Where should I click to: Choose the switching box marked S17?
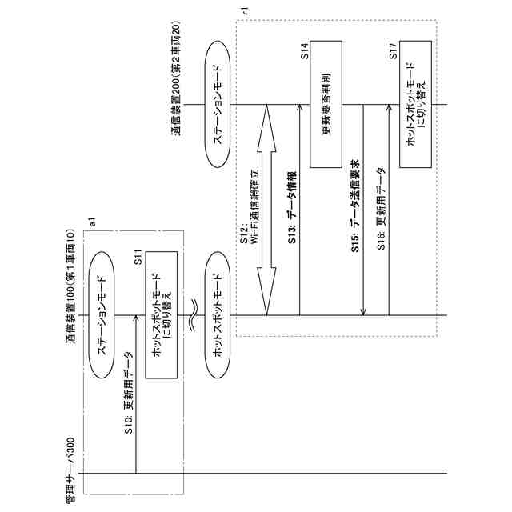click(416, 105)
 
